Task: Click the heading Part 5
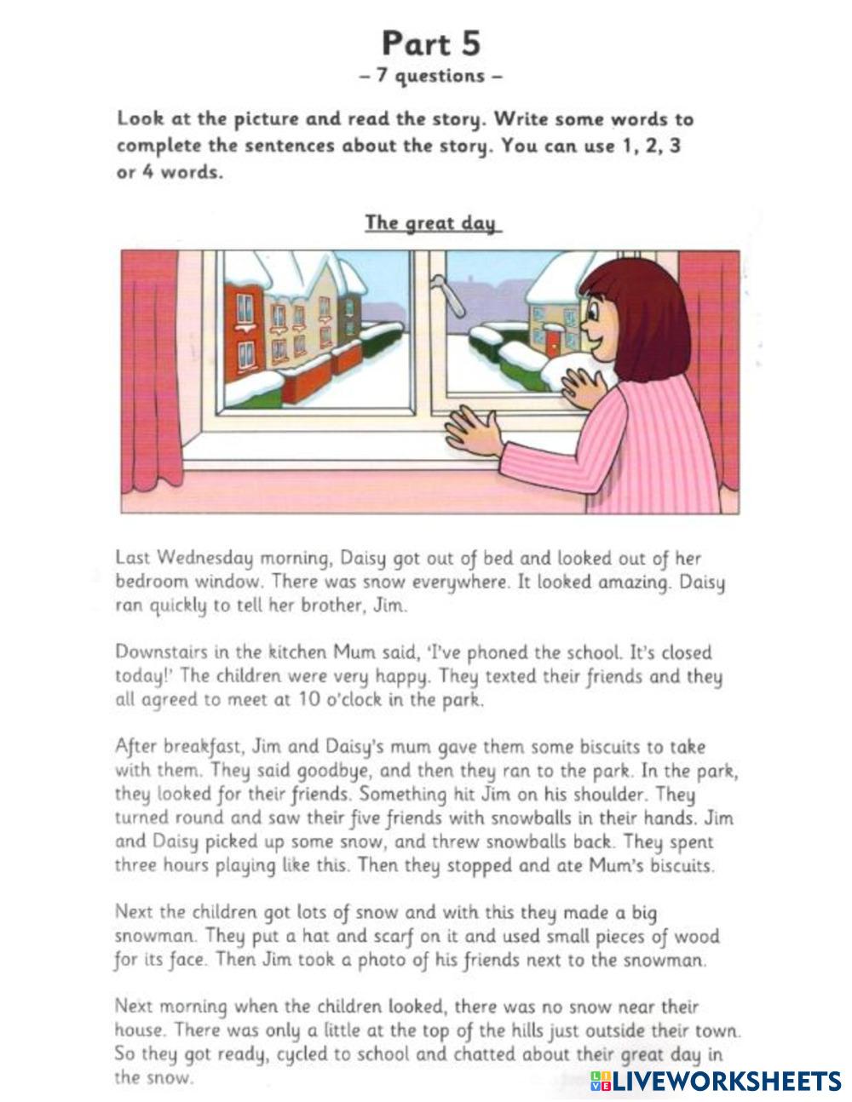coord(431,43)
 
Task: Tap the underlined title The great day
coord(431,223)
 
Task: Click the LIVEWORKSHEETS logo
coord(716,1082)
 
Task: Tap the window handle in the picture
coord(452,294)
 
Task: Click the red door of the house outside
coord(552,344)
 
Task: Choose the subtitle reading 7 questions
coord(431,76)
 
